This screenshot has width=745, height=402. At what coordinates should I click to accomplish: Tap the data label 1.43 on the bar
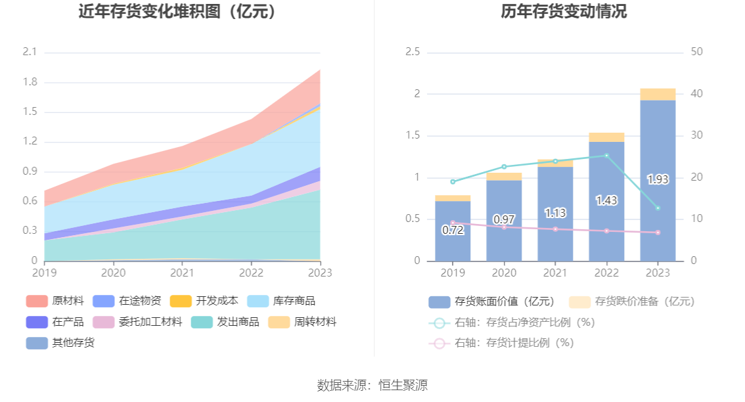pyautogui.click(x=606, y=200)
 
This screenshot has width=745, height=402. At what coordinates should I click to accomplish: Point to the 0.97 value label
pyautogui.click(x=504, y=219)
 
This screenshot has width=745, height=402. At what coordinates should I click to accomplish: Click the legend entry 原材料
pyautogui.click(x=55, y=301)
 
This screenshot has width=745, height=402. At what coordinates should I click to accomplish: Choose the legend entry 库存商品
pyautogui.click(x=281, y=301)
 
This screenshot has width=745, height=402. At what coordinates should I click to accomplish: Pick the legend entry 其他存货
pyautogui.click(x=60, y=342)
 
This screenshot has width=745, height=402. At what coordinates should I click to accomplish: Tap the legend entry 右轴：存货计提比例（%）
pyautogui.click(x=502, y=343)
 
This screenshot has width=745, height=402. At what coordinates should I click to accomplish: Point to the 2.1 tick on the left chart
pyautogui.click(x=30, y=52)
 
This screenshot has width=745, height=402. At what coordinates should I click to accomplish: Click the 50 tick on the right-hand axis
pyautogui.click(x=697, y=52)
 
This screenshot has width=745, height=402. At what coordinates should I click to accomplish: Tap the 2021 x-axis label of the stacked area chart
pyautogui.click(x=182, y=272)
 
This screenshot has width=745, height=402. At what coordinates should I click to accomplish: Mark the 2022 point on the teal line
pyautogui.click(x=606, y=156)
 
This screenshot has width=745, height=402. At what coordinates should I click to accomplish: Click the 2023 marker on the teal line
pyautogui.click(x=658, y=208)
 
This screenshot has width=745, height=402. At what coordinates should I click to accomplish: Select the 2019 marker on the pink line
pyautogui.click(x=453, y=223)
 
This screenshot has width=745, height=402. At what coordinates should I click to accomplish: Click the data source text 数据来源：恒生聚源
pyautogui.click(x=372, y=385)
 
